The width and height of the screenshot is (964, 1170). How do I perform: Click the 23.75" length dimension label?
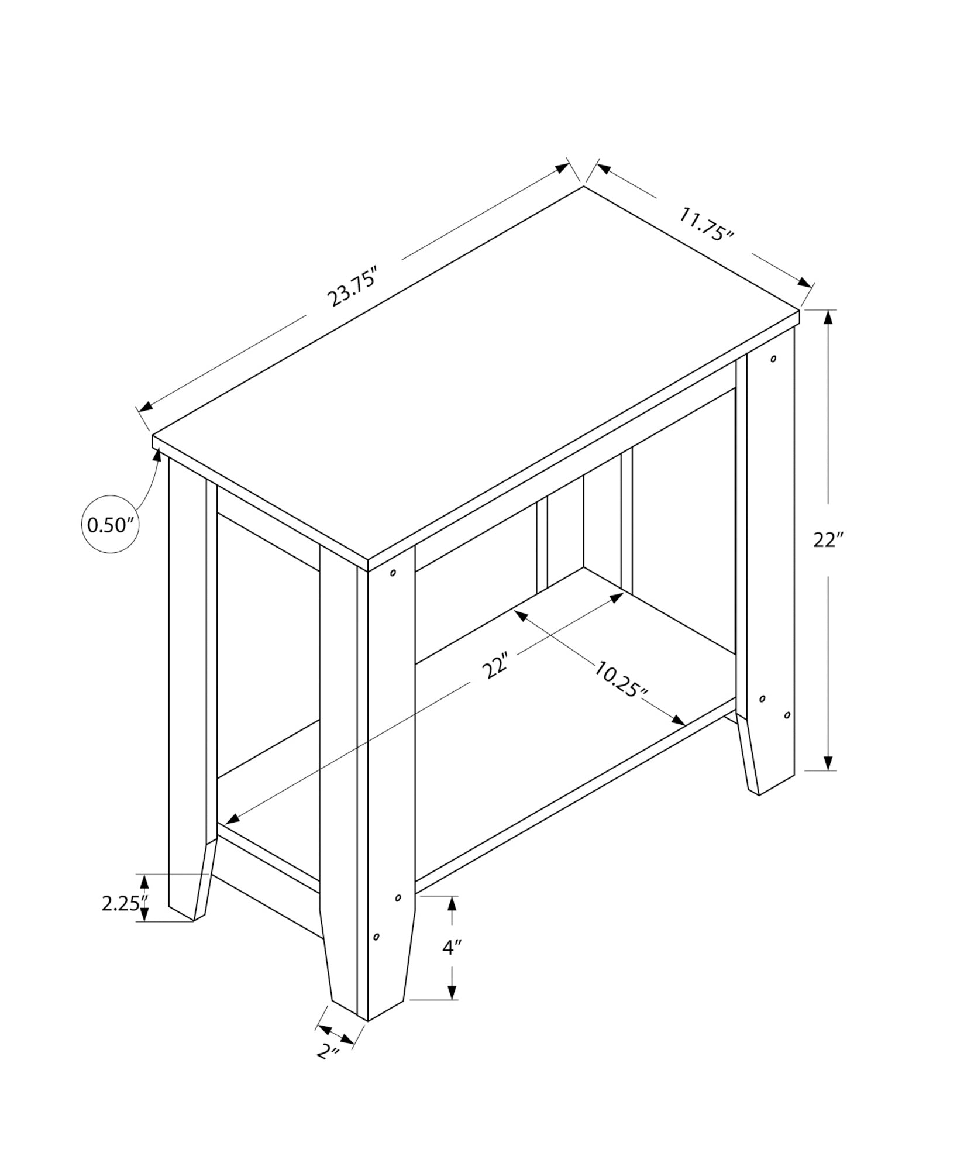(x=353, y=286)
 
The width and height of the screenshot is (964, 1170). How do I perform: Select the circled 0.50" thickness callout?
(x=110, y=525)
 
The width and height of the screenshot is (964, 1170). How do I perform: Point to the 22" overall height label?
(x=827, y=540)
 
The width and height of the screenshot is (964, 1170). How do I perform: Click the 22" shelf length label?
(x=495, y=666)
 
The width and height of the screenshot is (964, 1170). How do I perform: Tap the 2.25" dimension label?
(x=121, y=903)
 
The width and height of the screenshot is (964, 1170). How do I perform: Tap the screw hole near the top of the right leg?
(x=773, y=358)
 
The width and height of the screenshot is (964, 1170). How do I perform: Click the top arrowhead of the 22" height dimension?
(x=828, y=317)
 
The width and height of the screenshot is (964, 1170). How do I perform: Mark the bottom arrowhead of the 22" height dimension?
(x=828, y=762)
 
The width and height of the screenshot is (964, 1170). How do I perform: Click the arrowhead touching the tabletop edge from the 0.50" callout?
(x=157, y=454)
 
